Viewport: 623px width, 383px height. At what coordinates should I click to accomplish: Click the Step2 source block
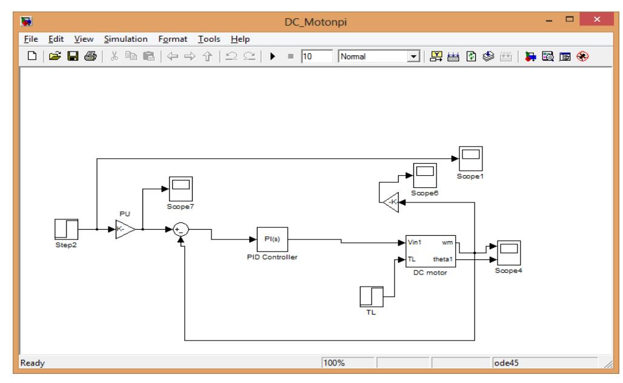click(64, 230)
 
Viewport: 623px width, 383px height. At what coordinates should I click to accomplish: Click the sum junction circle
click(181, 230)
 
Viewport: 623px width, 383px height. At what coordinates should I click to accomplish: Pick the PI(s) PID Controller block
click(272, 239)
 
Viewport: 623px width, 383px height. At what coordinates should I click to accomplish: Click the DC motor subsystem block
click(430, 251)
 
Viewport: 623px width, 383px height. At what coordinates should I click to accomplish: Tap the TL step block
click(371, 298)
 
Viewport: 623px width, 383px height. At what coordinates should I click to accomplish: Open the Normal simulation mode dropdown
click(413, 56)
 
